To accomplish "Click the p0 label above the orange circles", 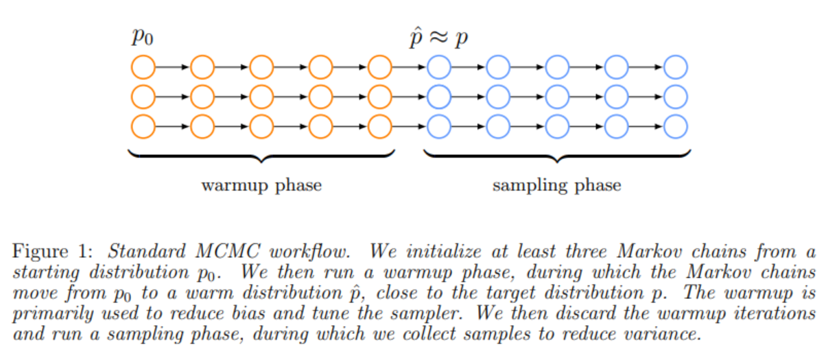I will [143, 37].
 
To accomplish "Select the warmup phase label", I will [261, 185].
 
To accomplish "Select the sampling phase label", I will [556, 185].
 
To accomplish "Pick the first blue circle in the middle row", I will [438, 97].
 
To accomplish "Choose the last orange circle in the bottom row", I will [379, 126].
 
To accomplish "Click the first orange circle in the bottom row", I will [143, 126].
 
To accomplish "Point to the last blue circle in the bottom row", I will [676, 126].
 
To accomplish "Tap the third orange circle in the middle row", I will [261, 97].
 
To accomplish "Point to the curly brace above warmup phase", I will [261, 156].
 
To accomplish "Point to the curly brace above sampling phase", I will [556, 156].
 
